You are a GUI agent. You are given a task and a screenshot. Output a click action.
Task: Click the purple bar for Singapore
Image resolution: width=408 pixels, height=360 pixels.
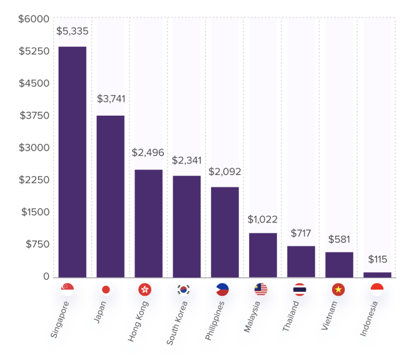click(72, 162)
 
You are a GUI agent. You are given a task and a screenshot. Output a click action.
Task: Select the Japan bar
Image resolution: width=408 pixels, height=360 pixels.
click(110, 196)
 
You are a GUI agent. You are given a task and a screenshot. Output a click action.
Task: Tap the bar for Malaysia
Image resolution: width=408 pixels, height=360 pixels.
click(263, 255)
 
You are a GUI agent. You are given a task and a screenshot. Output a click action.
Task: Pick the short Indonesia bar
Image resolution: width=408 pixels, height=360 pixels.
click(377, 275)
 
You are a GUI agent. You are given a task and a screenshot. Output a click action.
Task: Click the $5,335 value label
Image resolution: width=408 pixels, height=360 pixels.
click(72, 31)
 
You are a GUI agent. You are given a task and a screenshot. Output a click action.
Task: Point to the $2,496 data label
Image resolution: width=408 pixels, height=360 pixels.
click(148, 153)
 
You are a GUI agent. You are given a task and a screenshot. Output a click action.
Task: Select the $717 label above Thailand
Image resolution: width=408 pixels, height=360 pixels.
click(301, 233)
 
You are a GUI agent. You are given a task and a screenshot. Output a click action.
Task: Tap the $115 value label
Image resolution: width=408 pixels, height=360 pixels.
click(377, 259)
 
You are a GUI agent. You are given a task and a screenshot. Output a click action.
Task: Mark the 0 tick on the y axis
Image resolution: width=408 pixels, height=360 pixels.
click(46, 277)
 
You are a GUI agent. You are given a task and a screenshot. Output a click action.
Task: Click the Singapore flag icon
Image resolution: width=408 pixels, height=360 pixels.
click(68, 290)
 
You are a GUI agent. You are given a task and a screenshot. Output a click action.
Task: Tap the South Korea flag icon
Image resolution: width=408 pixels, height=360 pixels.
click(183, 290)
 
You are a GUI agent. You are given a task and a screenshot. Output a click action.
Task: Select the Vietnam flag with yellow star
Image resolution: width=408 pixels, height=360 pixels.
click(338, 290)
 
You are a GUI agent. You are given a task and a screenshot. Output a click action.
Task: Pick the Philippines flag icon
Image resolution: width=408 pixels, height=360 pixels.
click(222, 290)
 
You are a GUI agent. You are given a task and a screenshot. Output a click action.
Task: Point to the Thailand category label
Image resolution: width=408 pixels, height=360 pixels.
click(290, 316)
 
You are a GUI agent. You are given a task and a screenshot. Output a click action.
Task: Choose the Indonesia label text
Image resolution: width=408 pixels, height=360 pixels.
click(369, 318)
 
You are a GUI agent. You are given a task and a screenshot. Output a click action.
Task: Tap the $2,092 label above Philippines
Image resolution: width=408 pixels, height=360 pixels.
click(225, 171)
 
